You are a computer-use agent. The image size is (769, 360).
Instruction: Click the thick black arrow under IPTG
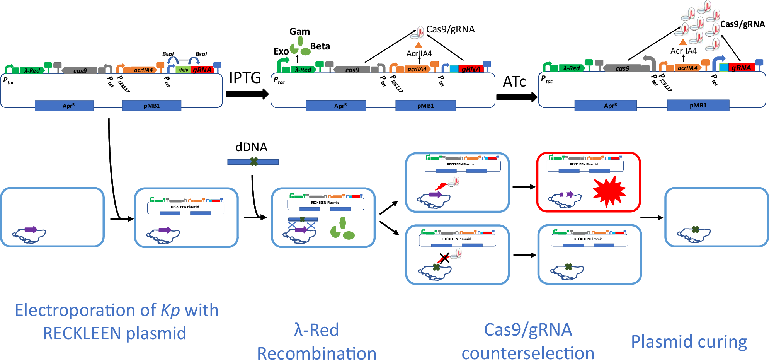247,94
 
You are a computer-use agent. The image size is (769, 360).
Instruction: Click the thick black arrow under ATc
516,97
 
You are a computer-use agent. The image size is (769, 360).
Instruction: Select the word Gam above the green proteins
299,32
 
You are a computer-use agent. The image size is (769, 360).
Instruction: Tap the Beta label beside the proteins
320,46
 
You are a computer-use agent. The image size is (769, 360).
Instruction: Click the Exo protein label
281,51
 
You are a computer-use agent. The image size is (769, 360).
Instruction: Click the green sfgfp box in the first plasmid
183,70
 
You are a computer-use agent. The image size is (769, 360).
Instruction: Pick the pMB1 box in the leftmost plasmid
151,106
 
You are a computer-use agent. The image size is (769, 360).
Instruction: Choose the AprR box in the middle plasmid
336,106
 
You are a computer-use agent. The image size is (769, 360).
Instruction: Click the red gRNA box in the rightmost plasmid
741,68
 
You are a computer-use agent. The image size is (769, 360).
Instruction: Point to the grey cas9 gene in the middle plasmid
352,70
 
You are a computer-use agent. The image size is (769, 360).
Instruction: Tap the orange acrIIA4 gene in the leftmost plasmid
143,70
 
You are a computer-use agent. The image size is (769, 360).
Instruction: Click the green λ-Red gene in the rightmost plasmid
571,68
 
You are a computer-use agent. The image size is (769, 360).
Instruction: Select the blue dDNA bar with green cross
253,162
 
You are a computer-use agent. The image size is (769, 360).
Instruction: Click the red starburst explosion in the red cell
609,191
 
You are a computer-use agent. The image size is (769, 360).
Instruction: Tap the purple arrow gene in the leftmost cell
31,230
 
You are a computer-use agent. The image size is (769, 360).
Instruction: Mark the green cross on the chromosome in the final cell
696,230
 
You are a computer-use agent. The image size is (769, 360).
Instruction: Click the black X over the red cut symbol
444,258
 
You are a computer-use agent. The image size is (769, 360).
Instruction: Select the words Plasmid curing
689,342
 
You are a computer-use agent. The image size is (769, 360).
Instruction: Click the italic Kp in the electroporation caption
170,311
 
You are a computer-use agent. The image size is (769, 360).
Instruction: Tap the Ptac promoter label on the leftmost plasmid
9,81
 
